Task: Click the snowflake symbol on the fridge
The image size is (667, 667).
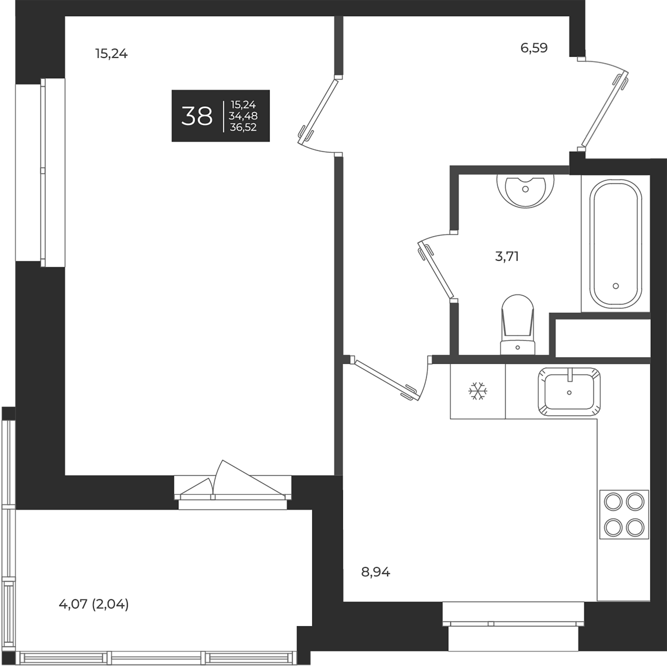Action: [478, 391]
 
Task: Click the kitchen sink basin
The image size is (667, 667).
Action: [569, 392]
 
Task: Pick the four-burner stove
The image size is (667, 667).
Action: [624, 514]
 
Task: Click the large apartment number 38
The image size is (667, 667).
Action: [197, 116]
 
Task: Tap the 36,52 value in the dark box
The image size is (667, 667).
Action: [243, 127]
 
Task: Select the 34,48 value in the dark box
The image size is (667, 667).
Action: [243, 116]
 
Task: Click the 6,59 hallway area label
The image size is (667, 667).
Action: [534, 48]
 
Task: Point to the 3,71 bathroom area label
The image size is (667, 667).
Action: [507, 256]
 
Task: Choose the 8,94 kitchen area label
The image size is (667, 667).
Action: [376, 572]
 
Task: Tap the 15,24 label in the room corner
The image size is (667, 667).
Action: [112, 54]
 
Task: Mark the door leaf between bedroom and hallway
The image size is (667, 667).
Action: [318, 111]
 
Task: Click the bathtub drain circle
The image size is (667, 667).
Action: [615, 286]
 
